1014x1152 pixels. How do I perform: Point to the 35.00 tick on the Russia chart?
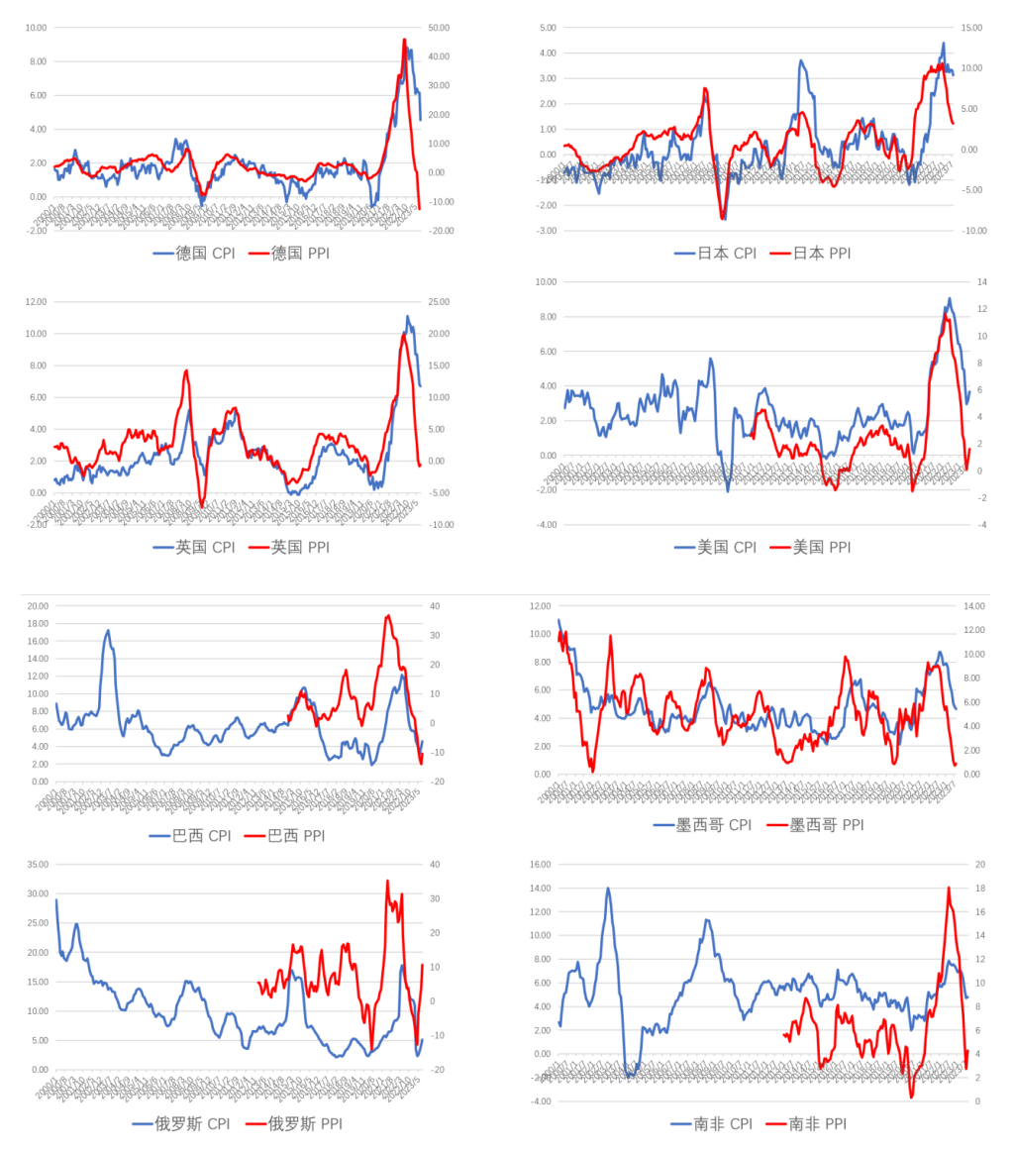37,865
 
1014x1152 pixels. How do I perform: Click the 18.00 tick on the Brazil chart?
37,624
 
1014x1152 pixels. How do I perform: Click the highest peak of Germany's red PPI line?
404,40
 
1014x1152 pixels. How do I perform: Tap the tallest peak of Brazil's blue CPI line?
108,630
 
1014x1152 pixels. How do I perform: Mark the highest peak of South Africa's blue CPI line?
608,889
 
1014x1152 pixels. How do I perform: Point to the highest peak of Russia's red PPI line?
387,881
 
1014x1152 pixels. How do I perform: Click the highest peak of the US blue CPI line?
949,298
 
